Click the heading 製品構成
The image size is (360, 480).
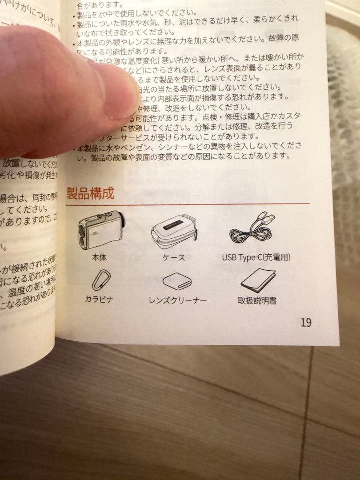90,193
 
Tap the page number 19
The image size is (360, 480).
306,322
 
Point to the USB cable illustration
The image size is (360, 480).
252,228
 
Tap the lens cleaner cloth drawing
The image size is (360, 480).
177,281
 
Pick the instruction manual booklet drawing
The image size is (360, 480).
258,280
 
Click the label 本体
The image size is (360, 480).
99,257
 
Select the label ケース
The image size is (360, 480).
174,257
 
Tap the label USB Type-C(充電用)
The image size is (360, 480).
256,257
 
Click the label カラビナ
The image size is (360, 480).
99,299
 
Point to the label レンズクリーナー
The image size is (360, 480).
177,300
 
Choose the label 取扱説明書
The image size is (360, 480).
257,300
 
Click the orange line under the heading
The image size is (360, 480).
187,204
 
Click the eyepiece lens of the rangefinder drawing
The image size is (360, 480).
121,221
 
